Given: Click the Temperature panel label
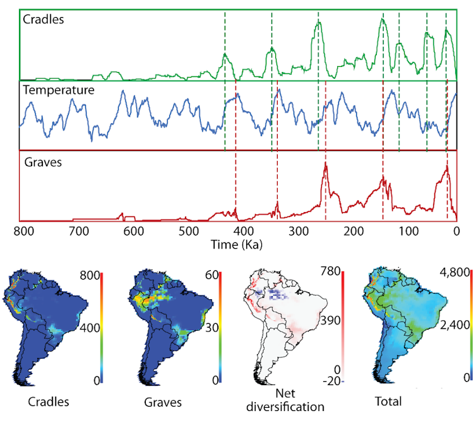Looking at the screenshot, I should coord(59,90).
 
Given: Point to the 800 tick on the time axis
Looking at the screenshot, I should coord(23,231).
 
